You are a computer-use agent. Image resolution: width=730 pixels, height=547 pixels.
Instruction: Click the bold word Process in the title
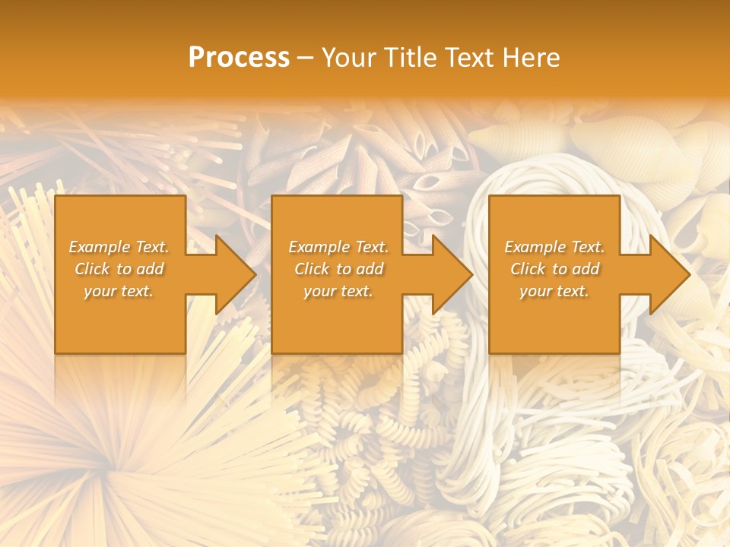239,58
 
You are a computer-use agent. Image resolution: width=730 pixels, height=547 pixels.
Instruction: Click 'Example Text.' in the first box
119,247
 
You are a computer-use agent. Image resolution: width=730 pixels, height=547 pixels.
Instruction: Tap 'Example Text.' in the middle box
338,247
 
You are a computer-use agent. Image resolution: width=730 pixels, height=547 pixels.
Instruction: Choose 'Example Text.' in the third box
554,247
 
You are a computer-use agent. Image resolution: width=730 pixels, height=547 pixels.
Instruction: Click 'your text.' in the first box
119,291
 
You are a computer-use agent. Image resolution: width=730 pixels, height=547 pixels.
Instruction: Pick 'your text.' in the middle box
338,291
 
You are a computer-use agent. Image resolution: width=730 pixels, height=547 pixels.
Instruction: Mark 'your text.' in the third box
554,291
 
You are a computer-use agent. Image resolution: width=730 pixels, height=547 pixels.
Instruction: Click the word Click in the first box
93,269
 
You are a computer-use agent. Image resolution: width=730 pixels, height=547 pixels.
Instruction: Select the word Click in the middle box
313,269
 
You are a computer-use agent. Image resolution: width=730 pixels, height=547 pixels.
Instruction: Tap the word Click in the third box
528,269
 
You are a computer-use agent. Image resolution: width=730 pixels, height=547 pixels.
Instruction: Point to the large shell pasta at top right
517,141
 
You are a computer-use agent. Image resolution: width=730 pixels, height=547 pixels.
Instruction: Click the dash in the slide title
306,58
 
